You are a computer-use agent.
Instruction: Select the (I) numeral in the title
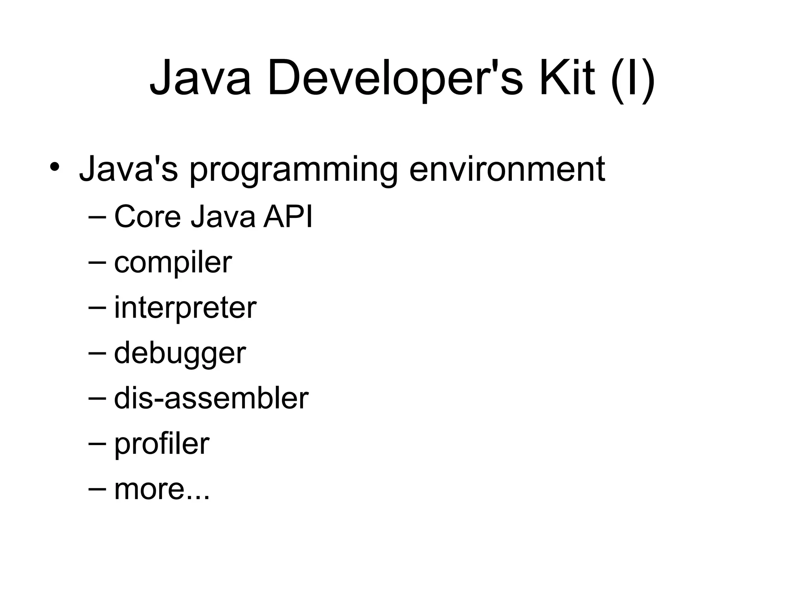click(x=632, y=78)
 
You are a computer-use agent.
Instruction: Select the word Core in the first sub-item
click(x=147, y=217)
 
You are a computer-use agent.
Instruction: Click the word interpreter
click(x=185, y=308)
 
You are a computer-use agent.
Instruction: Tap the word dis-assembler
click(x=211, y=398)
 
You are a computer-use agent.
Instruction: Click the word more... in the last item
click(x=162, y=490)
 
